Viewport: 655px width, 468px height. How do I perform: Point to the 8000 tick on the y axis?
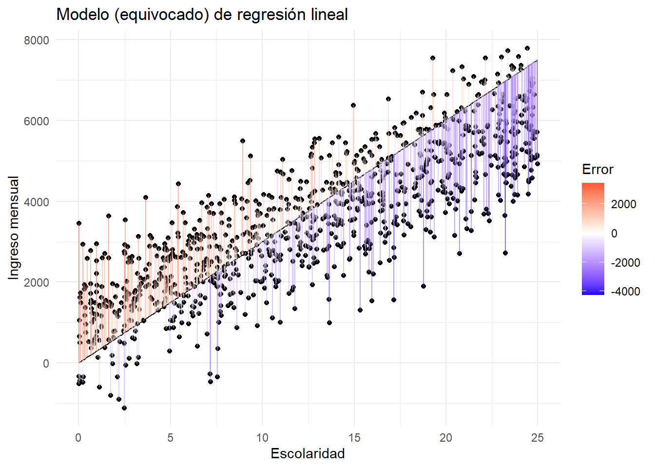click(x=37, y=40)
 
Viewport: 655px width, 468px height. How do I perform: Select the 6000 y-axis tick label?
click(x=37, y=121)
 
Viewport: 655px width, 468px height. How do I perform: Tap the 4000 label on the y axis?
click(x=37, y=202)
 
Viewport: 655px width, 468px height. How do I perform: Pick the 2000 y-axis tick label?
click(x=37, y=283)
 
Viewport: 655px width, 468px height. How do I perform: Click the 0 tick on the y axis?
click(x=46, y=364)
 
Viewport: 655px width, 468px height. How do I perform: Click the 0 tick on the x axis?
click(x=78, y=438)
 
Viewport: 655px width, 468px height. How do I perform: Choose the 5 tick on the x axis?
click(x=170, y=438)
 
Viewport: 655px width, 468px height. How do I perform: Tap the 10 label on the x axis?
click(x=262, y=438)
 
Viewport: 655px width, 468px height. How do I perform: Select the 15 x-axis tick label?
click(x=354, y=438)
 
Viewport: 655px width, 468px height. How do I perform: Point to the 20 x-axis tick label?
click(x=445, y=438)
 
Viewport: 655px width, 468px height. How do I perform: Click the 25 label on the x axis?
click(x=538, y=438)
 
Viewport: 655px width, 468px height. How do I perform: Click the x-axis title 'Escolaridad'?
click(x=308, y=454)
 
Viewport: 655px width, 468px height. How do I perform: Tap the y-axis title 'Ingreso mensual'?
click(x=14, y=228)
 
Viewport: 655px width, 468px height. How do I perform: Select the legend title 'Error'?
click(x=597, y=170)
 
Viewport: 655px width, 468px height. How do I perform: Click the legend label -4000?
click(x=626, y=292)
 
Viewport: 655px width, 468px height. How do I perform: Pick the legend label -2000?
click(x=626, y=263)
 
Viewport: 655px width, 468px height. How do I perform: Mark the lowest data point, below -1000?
click(x=124, y=408)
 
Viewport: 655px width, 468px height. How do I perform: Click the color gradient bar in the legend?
click(x=593, y=239)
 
